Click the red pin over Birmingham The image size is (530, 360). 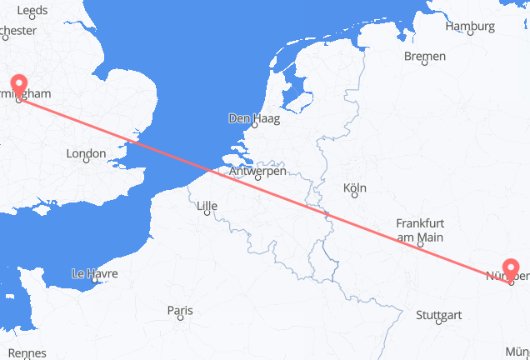tap(18, 87)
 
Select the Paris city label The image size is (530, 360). tap(179, 311)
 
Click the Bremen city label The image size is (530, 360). tap(424, 56)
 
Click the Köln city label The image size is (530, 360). tap(354, 187)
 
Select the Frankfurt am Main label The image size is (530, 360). tap(419, 230)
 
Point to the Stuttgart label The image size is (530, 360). tap(438, 316)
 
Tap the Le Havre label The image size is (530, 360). tap(94, 273)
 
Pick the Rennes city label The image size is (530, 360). tap(27, 353)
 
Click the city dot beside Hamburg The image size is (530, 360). tap(470, 35)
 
